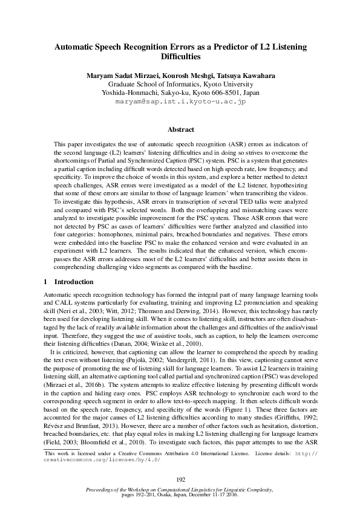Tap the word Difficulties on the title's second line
pyautogui.click(x=180, y=56)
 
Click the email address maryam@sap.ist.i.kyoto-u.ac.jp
pyautogui.click(x=180, y=102)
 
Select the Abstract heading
pyautogui.click(x=180, y=130)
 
